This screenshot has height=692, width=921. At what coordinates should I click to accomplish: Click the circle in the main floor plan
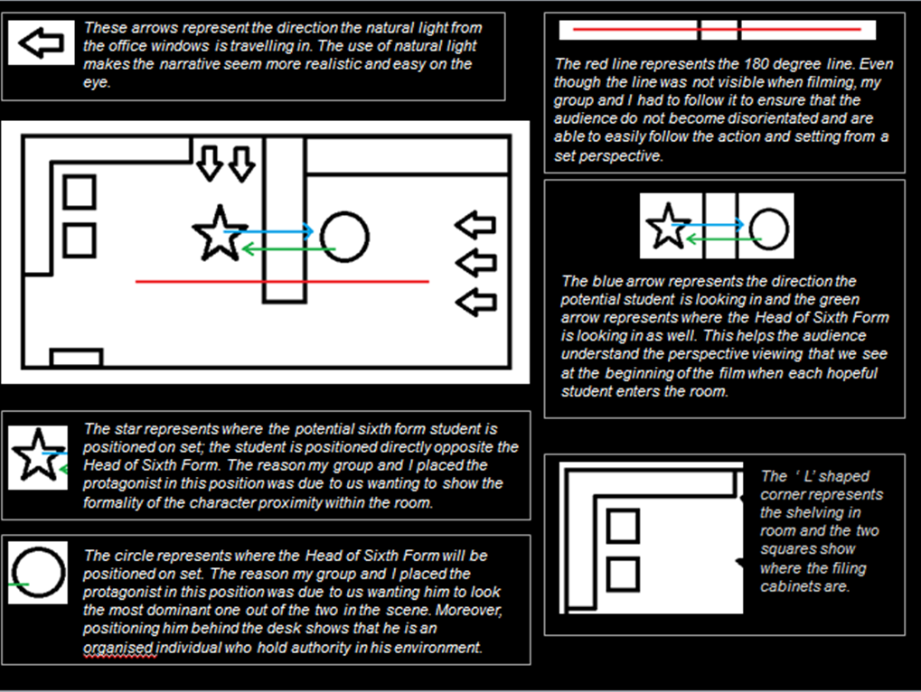click(344, 238)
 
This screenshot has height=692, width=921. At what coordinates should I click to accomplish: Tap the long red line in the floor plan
click(281, 282)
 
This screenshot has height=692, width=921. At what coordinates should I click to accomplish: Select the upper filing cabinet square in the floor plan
click(80, 192)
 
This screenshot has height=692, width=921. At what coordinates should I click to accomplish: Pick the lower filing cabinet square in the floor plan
click(80, 239)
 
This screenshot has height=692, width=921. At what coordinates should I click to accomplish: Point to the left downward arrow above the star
click(209, 163)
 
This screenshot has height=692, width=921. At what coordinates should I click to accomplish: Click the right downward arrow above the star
click(240, 163)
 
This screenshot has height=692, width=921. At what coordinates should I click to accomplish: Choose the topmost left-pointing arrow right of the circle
click(475, 225)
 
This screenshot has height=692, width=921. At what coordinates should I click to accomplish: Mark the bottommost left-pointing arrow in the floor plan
click(475, 302)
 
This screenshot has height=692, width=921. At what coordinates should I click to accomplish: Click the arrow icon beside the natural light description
click(40, 43)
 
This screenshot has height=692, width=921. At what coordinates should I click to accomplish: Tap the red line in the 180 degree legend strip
click(718, 30)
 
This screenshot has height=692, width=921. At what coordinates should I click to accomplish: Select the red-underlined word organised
click(118, 648)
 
